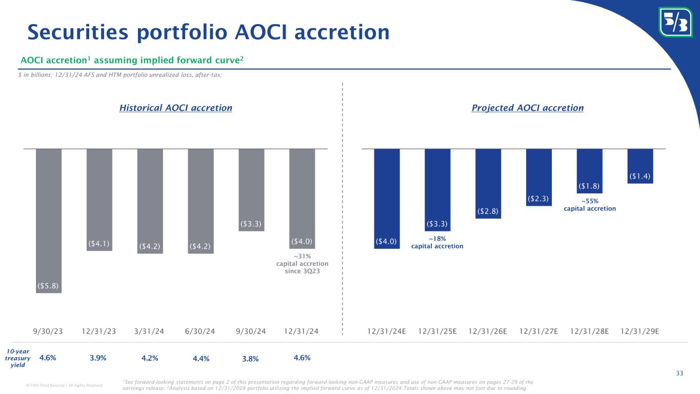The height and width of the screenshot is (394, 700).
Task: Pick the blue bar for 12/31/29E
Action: coord(640,165)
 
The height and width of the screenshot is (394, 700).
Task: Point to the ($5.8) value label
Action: coord(49,285)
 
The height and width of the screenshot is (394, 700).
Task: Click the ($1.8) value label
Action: coord(589,186)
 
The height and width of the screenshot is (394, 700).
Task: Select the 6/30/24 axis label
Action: coord(201,331)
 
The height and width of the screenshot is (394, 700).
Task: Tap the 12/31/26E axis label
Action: coord(488,331)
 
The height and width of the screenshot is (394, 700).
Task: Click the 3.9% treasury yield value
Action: coord(98,358)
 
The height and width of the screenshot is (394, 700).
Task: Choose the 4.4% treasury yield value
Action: coord(201,359)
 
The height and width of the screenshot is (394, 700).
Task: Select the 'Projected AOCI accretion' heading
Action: coord(527,108)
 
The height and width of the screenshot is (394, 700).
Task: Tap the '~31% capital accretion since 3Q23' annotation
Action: coord(302,264)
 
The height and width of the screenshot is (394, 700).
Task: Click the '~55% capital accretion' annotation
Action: coord(589,205)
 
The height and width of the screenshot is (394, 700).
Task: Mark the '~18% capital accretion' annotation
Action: coord(437,243)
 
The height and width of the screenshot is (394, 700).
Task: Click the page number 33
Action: coord(679,373)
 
